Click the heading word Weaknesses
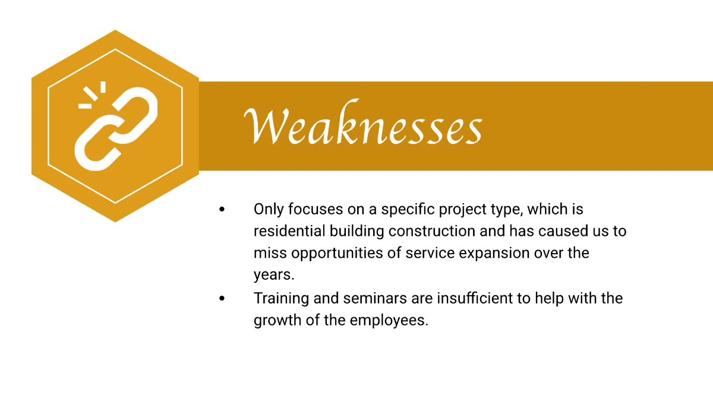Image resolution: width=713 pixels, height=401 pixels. (x=362, y=126)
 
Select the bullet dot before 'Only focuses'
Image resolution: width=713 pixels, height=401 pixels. (x=222, y=210)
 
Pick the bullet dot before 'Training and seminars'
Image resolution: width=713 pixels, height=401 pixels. (x=222, y=298)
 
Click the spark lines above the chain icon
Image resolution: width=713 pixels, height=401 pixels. (x=92, y=95)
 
